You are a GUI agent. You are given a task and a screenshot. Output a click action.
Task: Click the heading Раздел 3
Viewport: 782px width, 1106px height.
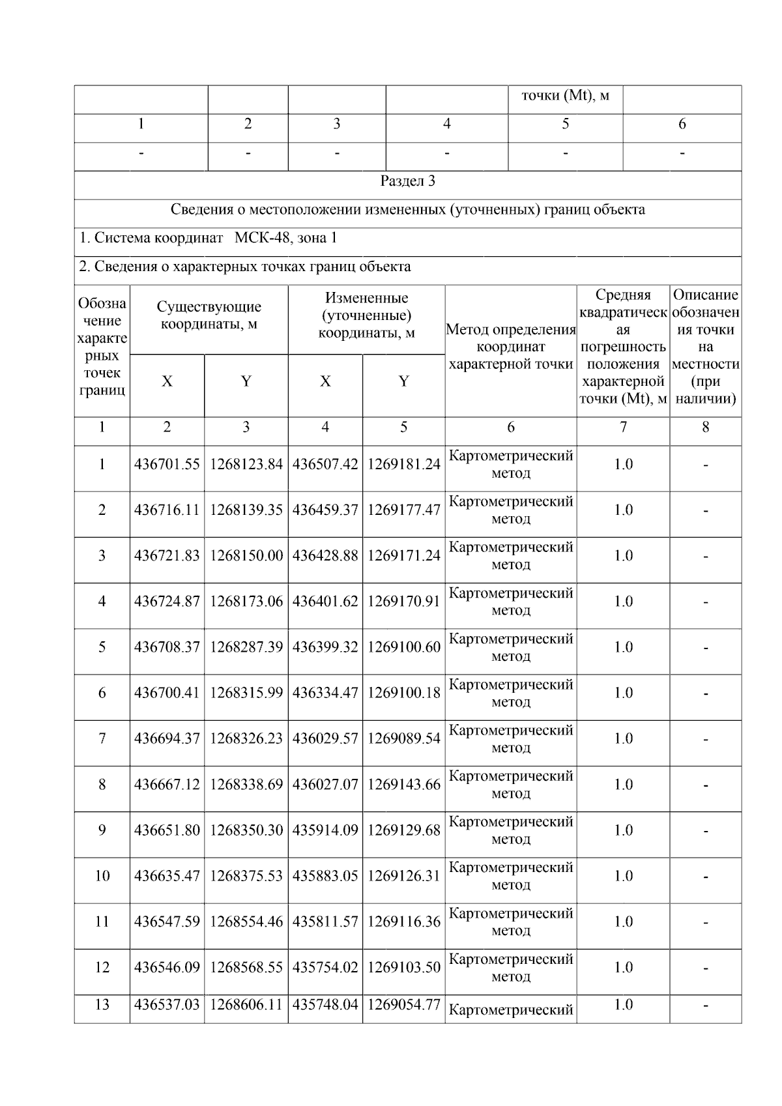407,181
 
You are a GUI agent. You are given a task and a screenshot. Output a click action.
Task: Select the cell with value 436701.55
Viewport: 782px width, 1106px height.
167,464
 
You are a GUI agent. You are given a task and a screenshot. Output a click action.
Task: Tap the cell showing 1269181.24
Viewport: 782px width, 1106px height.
403,464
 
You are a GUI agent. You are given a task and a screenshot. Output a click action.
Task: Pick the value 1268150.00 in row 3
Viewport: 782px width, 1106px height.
246,555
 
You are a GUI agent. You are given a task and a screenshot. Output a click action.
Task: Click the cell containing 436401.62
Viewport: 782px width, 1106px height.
325,601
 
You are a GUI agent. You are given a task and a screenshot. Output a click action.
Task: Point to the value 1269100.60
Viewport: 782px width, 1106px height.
403,647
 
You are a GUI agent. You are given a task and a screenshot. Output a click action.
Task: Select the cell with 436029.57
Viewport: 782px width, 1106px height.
325,738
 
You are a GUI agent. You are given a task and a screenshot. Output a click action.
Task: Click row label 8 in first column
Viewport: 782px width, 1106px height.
102,784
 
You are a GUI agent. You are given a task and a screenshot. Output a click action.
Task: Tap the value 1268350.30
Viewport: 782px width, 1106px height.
246,830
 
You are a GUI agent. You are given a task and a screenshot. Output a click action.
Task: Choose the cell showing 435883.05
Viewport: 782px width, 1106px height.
325,875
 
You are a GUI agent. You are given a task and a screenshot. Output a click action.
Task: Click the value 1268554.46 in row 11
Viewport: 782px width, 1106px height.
246,922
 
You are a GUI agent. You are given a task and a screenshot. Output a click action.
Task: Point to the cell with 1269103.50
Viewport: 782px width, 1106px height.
403,967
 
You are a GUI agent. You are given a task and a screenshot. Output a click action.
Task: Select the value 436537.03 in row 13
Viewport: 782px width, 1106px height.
167,1004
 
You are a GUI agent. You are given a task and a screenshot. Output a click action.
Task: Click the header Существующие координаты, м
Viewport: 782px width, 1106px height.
209,315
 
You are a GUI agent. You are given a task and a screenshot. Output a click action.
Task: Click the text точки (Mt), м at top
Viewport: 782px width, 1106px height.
565,96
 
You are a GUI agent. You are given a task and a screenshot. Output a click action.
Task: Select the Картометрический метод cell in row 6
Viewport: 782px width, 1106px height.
510,693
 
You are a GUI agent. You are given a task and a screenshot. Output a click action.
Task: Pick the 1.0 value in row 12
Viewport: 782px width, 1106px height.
623,967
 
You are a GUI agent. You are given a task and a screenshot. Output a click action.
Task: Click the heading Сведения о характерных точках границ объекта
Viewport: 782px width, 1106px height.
244,267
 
